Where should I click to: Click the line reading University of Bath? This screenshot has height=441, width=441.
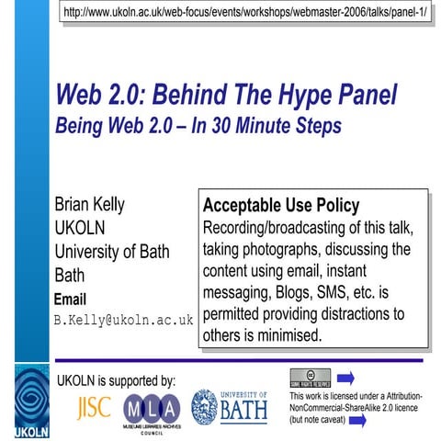[x=112, y=252]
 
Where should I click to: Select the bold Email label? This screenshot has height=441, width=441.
[x=70, y=299]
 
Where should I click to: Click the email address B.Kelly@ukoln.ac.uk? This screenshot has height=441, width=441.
[x=123, y=321]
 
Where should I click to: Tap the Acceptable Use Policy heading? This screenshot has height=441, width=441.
[x=280, y=205]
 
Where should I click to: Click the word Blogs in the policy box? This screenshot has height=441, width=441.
[x=292, y=293]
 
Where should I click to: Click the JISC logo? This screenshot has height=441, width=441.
[x=95, y=407]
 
